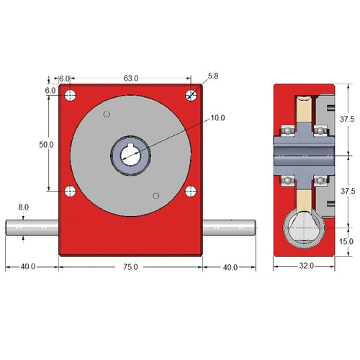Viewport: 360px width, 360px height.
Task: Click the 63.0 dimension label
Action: [130, 78]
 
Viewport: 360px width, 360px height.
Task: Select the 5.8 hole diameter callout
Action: [213, 76]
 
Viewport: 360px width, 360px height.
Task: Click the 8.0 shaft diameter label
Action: [23, 207]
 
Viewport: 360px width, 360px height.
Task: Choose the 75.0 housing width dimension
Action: [130, 266]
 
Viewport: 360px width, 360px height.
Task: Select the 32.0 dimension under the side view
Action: [306, 266]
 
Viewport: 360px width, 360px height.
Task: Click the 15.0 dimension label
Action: [346, 242]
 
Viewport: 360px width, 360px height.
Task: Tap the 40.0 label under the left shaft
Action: [28, 266]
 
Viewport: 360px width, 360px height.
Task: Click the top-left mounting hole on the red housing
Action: [71, 95]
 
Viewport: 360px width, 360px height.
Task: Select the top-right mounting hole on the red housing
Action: [191, 95]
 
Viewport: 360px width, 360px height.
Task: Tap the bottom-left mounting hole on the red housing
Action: [71, 191]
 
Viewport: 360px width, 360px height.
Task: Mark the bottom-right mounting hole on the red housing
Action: [191, 191]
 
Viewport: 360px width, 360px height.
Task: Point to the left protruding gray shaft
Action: [32, 228]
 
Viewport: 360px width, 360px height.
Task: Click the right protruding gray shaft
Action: [228, 228]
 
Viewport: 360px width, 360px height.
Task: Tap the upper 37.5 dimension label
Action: [346, 119]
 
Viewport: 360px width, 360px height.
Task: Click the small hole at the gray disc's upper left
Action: [107, 114]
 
